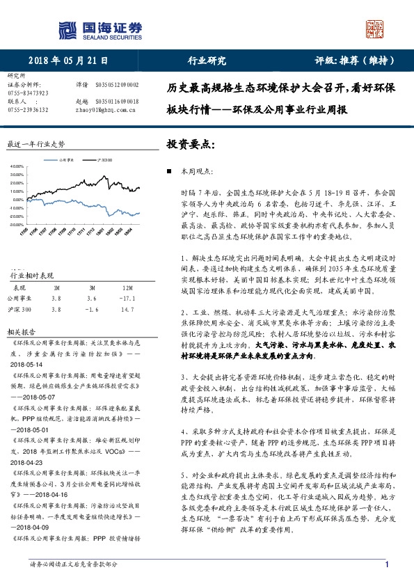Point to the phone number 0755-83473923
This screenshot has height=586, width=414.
(28, 93)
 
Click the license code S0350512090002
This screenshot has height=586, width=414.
(116, 84)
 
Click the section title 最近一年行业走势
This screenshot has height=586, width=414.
(35, 144)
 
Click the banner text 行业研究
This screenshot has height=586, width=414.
(207, 61)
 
